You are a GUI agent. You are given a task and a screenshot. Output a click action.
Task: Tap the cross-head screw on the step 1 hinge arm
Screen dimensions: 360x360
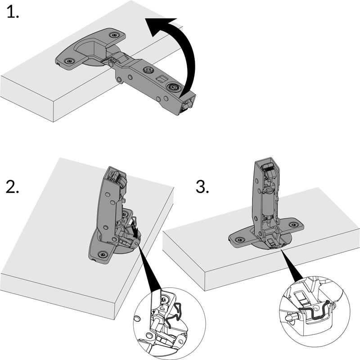pyautogui.click(x=148, y=70)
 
